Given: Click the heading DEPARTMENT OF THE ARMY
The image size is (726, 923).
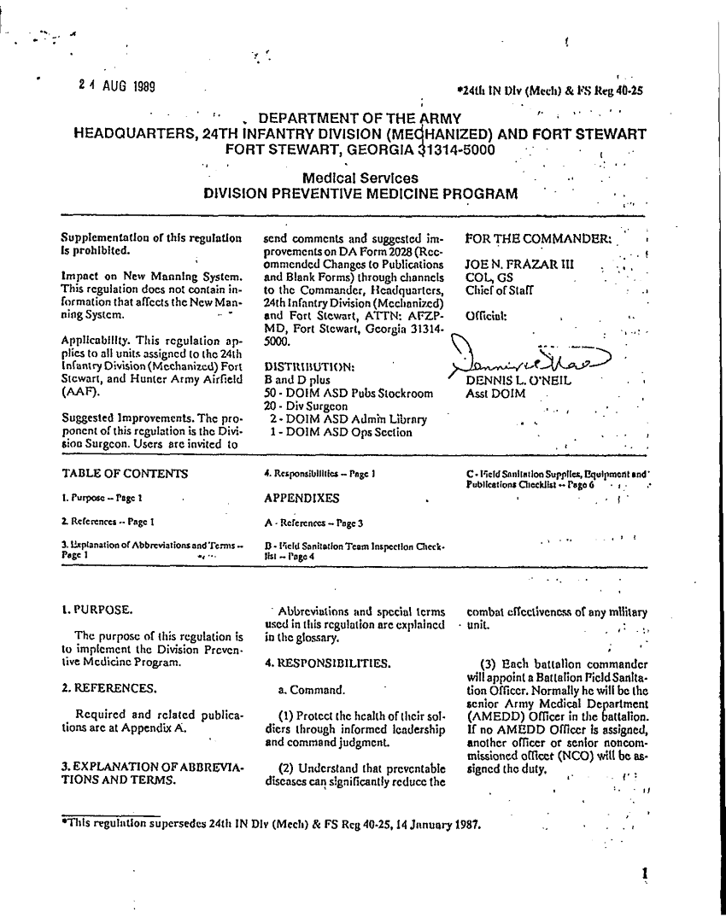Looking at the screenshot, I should [x=360, y=118].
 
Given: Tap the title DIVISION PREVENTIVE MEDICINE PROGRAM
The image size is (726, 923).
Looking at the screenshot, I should [x=360, y=194].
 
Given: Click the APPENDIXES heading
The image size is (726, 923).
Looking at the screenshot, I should [x=302, y=498].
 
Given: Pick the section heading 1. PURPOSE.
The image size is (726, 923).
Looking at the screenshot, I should [x=97, y=610].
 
